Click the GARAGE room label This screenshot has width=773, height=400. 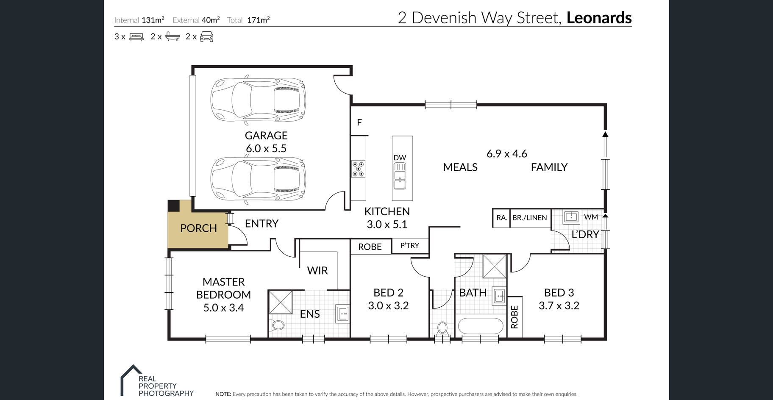266,136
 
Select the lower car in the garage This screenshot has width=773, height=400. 258,178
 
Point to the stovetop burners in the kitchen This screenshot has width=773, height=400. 358,169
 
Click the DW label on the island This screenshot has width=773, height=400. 400,158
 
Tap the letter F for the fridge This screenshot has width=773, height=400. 359,122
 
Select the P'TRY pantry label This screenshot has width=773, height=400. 410,245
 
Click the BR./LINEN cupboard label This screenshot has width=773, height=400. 530,218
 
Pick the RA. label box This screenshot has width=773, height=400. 501,218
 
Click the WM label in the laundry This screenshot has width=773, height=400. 591,217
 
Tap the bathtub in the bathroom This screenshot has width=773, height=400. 481,326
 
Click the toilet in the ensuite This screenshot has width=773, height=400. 278,325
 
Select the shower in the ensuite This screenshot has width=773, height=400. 280,302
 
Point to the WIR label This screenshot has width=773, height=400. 317,270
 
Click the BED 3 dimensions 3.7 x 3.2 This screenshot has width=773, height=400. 559,306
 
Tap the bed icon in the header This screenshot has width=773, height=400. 136,37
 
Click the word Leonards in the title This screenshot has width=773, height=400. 599,18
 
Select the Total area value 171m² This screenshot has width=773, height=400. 259,19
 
